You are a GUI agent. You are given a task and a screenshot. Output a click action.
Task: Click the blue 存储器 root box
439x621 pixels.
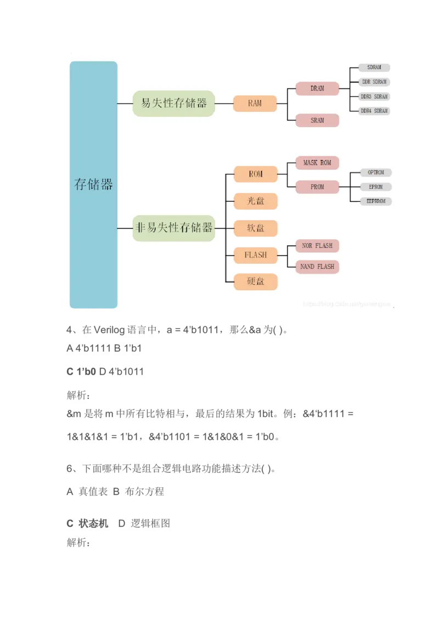tap(93, 184)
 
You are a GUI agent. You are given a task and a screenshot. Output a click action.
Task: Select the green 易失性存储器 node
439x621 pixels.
tap(173, 103)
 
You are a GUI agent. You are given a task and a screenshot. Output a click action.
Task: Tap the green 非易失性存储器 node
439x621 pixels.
tap(173, 228)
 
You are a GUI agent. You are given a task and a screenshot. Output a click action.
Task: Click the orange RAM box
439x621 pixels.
tap(255, 103)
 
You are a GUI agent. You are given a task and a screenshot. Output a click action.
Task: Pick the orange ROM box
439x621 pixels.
tap(256, 174)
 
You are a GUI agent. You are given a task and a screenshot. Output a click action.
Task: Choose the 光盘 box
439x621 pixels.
tap(256, 201)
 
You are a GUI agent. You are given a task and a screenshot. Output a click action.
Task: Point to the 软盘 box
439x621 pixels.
tap(256, 228)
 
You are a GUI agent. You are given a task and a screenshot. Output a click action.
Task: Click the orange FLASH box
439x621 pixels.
tap(256, 255)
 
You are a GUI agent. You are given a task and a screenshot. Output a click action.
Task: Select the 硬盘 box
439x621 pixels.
tap(256, 281)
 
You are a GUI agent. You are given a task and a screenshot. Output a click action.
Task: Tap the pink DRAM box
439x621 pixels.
tap(317, 88)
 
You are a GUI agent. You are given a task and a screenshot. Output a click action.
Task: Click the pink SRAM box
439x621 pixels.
tap(317, 120)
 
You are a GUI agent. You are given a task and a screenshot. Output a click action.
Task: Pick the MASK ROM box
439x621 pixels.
tap(317, 163)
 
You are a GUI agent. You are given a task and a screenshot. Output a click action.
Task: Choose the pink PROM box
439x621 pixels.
tap(317, 187)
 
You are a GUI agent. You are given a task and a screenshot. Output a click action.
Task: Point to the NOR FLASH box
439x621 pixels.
tap(317, 246)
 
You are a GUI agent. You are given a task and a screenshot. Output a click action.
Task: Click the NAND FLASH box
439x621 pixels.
tap(317, 267)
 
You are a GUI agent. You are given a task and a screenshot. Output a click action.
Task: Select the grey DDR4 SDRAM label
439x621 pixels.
tap(374, 111)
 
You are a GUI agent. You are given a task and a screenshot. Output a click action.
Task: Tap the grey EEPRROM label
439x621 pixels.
tap(376, 201)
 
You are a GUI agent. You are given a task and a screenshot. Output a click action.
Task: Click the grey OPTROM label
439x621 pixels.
tap(376, 172)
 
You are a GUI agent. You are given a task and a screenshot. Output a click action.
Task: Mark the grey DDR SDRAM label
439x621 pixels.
tap(374, 82)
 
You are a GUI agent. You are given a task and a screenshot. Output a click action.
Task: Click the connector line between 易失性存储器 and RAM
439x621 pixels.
tap(223, 103)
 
